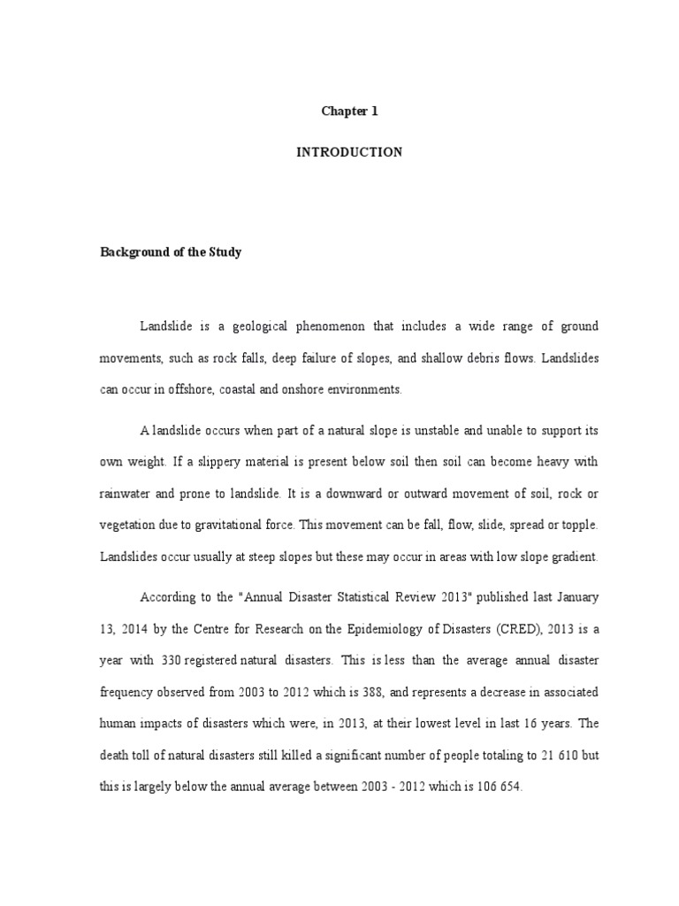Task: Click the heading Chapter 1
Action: pyautogui.click(x=348, y=111)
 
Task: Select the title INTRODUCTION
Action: pyautogui.click(x=348, y=152)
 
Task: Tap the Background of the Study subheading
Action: pyautogui.click(x=170, y=252)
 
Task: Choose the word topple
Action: pyautogui.click(x=579, y=525)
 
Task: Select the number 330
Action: pyautogui.click(x=174, y=659)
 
